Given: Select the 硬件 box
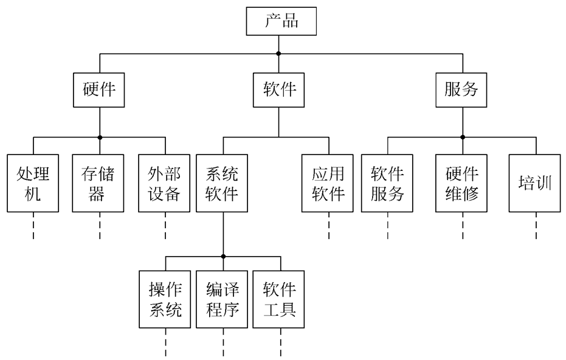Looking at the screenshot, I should pos(100,89).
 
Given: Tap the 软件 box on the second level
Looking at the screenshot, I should pos(279,89).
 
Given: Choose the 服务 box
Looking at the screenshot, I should pos(462,89).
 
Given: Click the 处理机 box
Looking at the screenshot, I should pos(33,183).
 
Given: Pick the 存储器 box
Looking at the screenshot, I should pos(100,183).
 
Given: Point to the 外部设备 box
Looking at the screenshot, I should pos(165,183).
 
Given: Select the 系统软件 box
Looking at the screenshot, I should pos(223,183).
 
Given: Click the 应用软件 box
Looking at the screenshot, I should pos(329,183).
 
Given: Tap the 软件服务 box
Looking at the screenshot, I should pos(387,183).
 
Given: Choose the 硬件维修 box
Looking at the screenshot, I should pos(462,183).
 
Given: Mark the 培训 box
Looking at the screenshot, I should pos(536,183).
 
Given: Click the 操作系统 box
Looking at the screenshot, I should pos(165,300).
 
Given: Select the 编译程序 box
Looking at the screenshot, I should pos(223,300).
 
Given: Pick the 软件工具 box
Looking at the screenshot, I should pos(279,300).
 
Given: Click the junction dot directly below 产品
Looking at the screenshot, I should pos(279,54).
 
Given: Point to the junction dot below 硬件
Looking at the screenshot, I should pos(100,137).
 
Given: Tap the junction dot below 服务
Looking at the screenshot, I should pos(462,137).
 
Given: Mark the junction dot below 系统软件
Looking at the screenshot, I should pos(223,256).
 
